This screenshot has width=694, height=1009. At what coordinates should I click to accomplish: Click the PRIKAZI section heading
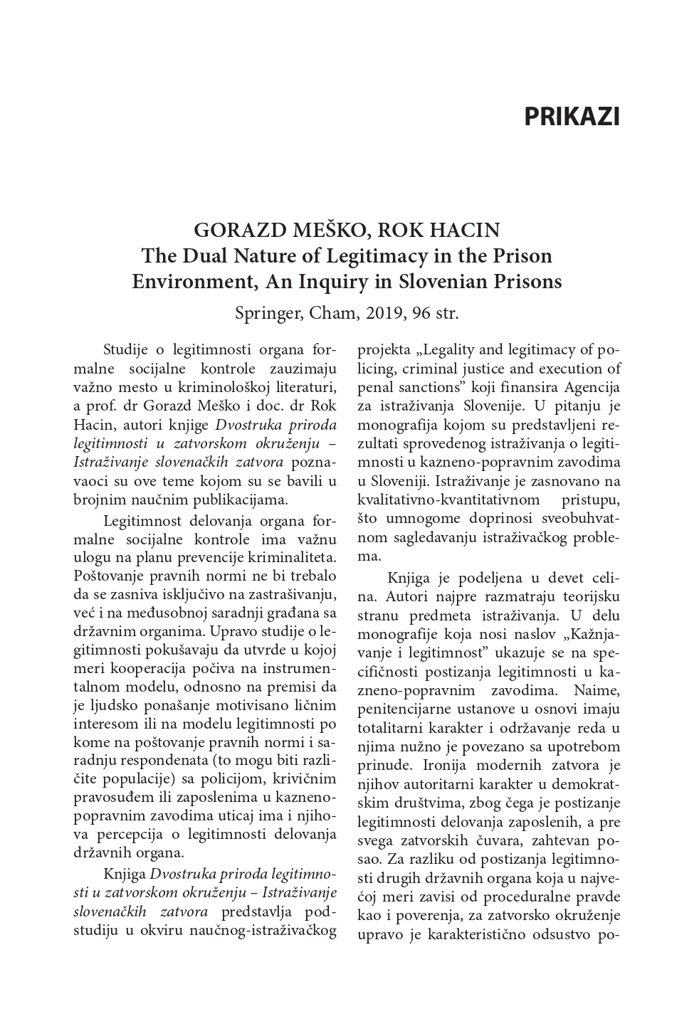click(x=572, y=117)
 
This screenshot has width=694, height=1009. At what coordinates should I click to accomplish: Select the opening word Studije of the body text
click(x=125, y=349)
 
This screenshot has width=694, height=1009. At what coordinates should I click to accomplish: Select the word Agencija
click(x=592, y=388)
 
